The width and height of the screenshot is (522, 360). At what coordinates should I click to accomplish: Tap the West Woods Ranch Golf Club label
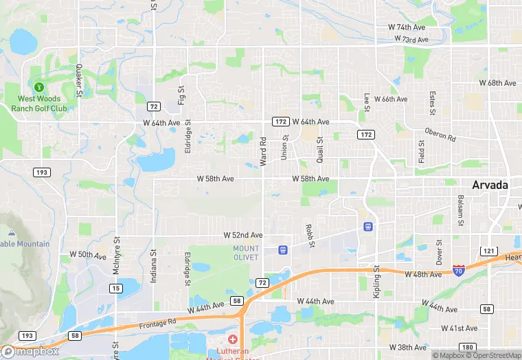coord(43,103)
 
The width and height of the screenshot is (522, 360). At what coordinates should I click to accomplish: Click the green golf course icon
coord(39,87)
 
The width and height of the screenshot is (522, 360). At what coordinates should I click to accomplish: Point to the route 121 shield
coord(489,251)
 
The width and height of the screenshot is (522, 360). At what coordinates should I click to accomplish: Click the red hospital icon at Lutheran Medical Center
coord(232,339)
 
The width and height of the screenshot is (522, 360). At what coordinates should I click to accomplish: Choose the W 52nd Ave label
coord(242,235)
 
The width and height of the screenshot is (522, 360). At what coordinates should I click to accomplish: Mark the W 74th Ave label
coord(407,27)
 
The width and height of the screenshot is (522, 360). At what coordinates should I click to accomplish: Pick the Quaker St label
coord(79,80)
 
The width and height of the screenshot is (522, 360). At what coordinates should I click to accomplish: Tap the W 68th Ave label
coord(497,83)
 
